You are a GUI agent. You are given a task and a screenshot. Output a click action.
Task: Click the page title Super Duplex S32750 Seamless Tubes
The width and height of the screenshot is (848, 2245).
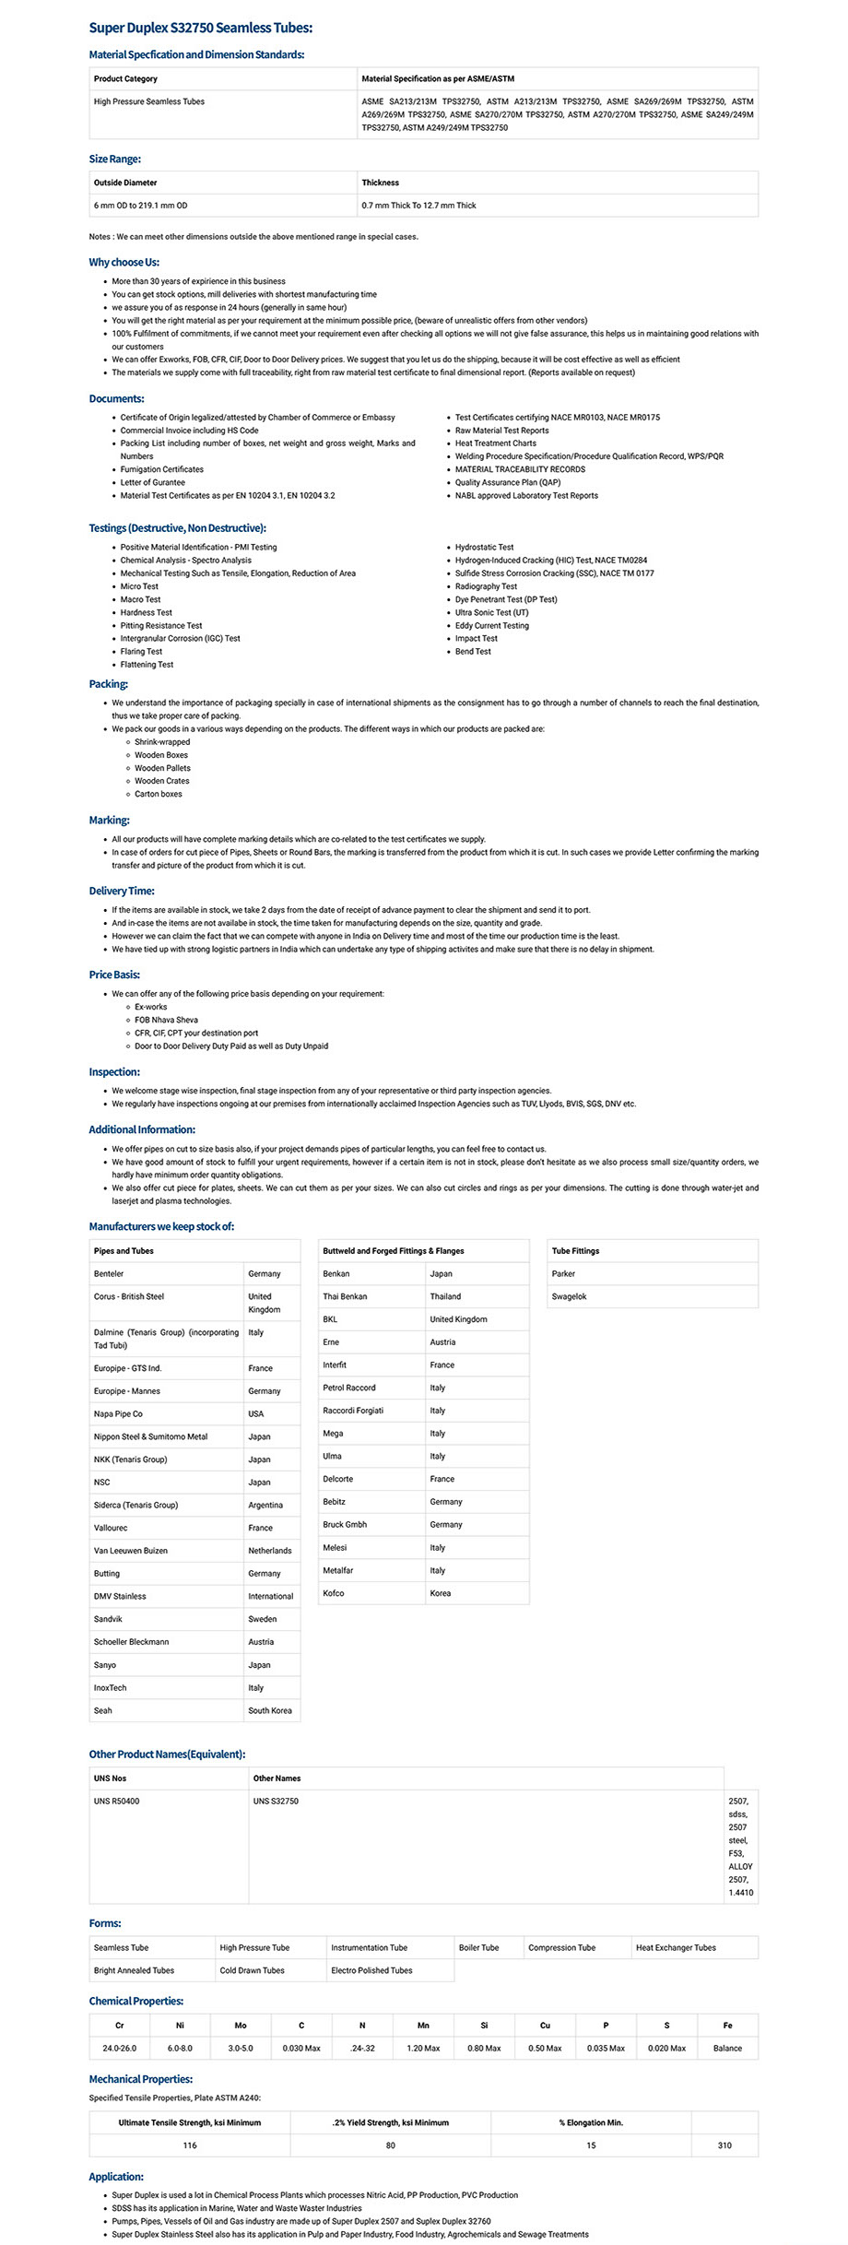[x=200, y=29]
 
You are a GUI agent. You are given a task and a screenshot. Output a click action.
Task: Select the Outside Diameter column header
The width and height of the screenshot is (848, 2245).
[x=125, y=183]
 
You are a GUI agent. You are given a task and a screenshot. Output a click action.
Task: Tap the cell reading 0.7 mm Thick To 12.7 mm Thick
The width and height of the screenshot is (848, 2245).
[x=418, y=206]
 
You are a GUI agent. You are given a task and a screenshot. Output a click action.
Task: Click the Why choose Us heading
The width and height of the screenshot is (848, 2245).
[x=124, y=263]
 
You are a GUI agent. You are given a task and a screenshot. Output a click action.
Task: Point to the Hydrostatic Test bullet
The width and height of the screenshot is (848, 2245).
[x=484, y=548]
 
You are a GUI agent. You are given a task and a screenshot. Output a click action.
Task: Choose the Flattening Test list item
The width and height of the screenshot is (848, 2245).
[x=147, y=665]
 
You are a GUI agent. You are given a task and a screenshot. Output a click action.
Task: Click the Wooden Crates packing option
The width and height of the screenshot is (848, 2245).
[x=161, y=781]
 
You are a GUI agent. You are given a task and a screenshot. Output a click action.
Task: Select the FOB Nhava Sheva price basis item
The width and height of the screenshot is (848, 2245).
[x=166, y=1020]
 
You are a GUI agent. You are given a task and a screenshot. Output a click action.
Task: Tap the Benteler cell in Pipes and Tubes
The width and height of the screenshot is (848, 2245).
[x=109, y=1274]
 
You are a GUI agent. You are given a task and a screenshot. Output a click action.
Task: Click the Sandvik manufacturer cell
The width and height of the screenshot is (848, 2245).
[x=108, y=1619]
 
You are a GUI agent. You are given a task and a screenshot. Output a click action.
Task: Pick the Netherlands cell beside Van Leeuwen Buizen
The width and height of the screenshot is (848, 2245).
[x=269, y=1551]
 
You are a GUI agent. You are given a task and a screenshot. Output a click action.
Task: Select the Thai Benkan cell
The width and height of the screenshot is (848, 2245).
[x=345, y=1296]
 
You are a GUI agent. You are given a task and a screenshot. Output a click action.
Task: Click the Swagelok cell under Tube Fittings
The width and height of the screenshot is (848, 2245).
[x=569, y=1296]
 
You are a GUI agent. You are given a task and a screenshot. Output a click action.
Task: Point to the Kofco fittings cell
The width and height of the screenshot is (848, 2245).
[x=334, y=1593]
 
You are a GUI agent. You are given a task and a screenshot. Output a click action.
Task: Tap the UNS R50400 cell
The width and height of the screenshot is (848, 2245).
[x=117, y=1801]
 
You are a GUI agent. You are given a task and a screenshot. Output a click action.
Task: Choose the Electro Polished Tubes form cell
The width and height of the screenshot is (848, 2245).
[x=371, y=1970]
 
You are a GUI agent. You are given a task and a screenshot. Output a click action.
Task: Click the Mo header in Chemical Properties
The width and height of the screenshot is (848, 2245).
[x=241, y=2026]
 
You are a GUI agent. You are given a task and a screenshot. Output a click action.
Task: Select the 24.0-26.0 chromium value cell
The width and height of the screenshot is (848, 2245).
[x=119, y=2048]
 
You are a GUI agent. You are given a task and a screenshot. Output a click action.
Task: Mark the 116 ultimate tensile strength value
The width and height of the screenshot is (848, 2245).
[x=190, y=2145]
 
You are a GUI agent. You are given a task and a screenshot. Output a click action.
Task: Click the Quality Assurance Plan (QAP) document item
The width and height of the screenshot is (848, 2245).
[x=507, y=482]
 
